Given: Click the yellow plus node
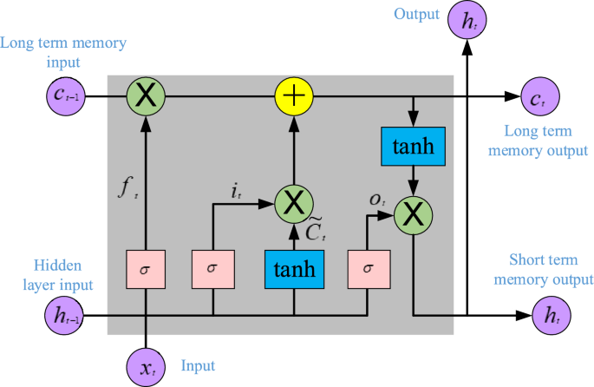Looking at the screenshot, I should (294, 95).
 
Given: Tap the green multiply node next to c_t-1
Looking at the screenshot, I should (146, 95).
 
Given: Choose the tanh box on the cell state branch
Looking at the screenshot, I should (413, 147).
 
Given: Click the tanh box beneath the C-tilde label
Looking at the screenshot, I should (294, 268).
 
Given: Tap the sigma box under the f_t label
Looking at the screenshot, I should (146, 268).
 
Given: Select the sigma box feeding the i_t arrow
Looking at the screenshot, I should (212, 268).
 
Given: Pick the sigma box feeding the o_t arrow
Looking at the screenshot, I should (367, 268).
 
